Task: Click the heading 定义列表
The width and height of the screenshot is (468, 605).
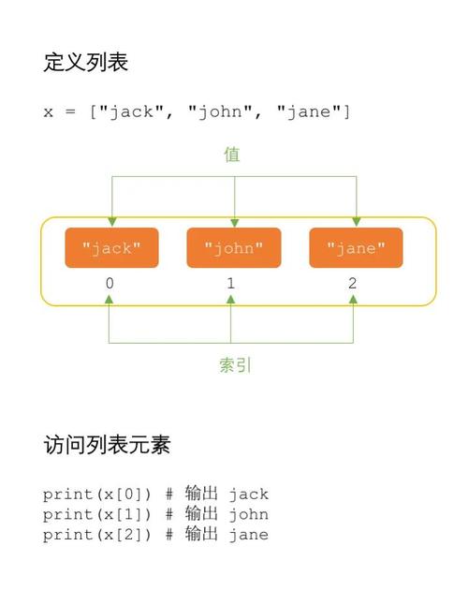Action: coord(85,63)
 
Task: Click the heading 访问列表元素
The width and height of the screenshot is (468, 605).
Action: coord(107,444)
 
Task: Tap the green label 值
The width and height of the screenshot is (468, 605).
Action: coord(232,155)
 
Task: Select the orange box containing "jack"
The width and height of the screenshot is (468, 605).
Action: coord(111,248)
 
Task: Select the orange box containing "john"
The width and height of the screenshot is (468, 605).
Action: coord(233,248)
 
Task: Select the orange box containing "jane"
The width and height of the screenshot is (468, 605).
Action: coord(356,248)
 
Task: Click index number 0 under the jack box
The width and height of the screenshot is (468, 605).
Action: coord(110,284)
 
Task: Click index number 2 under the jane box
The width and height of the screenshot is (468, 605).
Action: coord(353,284)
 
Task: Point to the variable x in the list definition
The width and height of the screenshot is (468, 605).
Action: coord(48,112)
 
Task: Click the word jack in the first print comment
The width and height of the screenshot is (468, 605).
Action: coord(248,494)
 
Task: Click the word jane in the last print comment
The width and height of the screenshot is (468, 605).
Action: coord(248,535)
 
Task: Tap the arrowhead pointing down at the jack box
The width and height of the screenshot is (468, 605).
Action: coord(111,222)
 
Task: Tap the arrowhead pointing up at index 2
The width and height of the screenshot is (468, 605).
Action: coord(353,300)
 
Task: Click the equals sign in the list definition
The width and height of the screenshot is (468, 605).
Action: coord(71,112)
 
